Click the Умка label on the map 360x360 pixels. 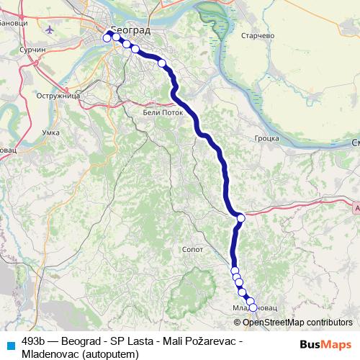pyautogui.click(x=50, y=132)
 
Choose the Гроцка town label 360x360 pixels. pyautogui.click(x=266, y=138)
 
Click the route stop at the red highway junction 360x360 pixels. pyautogui.click(x=240, y=217)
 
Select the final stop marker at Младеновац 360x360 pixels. pyautogui.click(x=253, y=307)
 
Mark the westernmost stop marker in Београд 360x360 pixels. pyautogui.click(x=107, y=38)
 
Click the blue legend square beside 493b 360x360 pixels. pyautogui.click(x=10, y=343)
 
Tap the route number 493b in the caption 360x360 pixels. pyautogui.click(x=35, y=341)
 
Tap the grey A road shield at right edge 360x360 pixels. pyautogui.click(x=357, y=207)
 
